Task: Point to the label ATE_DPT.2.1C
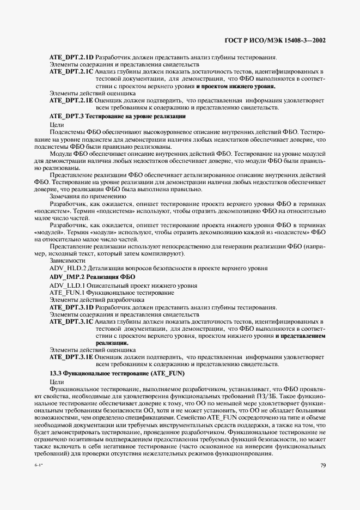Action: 71,72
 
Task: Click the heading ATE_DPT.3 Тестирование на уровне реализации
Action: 118,117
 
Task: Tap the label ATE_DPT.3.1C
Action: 71,322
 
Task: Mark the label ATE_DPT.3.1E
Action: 71,357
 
